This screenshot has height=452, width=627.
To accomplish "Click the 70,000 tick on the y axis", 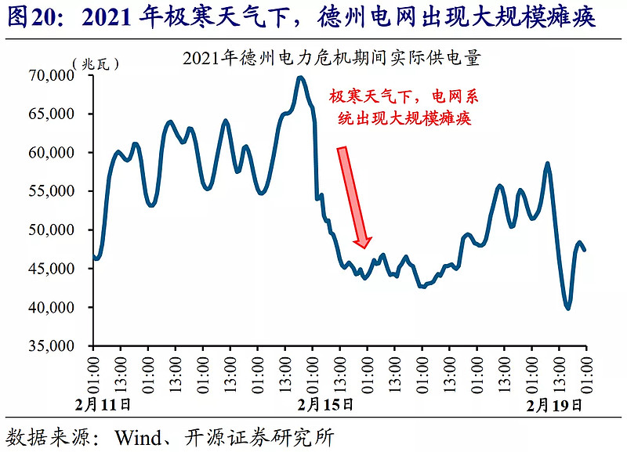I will [51, 75].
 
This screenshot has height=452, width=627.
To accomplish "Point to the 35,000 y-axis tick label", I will [51, 346].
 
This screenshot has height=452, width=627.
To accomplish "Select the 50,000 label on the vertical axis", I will [51, 230].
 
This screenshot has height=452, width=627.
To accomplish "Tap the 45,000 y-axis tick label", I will [51, 269].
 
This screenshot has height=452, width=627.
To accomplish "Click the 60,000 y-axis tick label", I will [51, 153].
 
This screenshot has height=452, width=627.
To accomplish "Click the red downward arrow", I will [353, 196].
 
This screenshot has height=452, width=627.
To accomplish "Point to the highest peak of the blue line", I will [300, 77].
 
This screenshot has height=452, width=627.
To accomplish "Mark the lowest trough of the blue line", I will [567, 309].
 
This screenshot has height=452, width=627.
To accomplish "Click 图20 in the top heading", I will [32, 16].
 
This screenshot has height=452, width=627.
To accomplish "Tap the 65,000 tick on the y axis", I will [51, 114].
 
